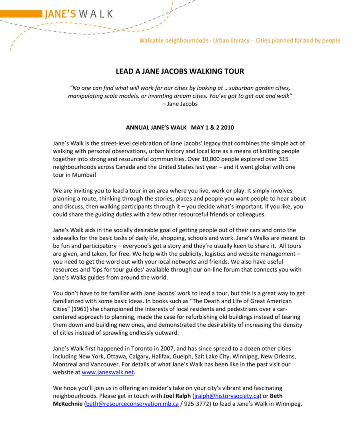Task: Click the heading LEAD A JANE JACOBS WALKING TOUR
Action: (x=180, y=72)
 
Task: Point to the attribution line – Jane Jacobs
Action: (x=180, y=104)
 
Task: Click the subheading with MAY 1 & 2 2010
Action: (x=180, y=128)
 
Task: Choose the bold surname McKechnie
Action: (x=67, y=404)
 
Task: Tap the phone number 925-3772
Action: (x=195, y=404)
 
